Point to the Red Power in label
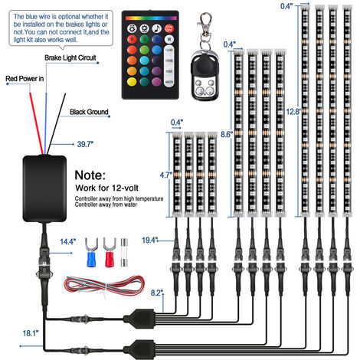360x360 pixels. point(24,78)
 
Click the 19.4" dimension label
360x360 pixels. point(150,241)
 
